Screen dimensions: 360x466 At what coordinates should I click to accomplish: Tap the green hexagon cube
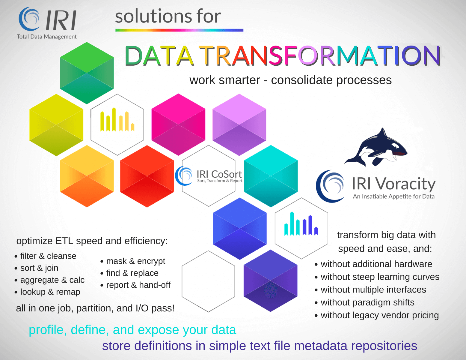(x=87, y=73)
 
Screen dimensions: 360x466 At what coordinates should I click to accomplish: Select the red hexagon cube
(x=147, y=176)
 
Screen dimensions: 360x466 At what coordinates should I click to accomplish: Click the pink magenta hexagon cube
(x=178, y=124)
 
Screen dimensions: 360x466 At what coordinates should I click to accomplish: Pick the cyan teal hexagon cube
(x=271, y=176)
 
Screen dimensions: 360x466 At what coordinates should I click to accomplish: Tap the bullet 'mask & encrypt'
(x=135, y=261)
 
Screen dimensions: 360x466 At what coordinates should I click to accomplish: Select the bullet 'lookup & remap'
(x=50, y=292)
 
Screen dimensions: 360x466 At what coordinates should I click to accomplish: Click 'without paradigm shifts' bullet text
(x=367, y=302)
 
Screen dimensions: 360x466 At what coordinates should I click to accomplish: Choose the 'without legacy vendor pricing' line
(x=379, y=315)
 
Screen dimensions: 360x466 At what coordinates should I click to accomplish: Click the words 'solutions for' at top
(x=168, y=16)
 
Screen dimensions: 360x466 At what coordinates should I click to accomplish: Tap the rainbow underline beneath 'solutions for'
(x=179, y=30)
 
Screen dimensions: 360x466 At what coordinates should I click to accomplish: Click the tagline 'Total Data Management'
(x=47, y=37)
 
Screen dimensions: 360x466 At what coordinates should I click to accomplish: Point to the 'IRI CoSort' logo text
(x=219, y=174)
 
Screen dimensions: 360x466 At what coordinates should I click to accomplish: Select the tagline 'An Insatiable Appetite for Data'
(x=393, y=196)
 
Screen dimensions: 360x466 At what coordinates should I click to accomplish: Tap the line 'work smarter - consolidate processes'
(x=290, y=80)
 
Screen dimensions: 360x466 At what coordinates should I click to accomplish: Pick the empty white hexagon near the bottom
(x=208, y=281)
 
